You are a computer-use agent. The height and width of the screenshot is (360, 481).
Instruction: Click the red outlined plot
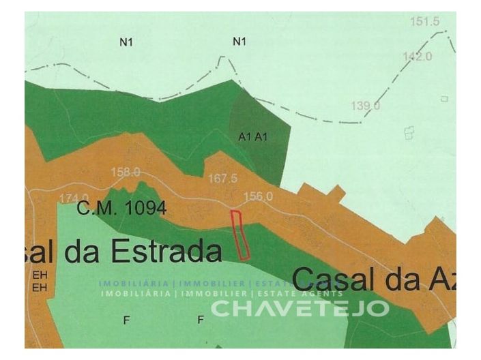pos(240,235)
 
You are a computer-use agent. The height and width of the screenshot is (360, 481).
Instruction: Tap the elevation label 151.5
pos(424,21)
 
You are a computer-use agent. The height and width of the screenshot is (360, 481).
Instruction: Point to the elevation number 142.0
pos(418,56)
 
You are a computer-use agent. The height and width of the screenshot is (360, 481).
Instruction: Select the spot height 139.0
pos(366,105)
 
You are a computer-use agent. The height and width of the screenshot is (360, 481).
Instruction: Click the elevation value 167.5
pos(223,178)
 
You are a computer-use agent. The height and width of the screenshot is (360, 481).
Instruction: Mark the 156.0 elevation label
pos(259,196)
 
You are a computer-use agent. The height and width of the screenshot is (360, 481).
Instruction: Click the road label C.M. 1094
pos(121,209)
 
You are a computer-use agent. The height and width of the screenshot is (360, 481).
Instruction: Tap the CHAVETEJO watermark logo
pos(300,308)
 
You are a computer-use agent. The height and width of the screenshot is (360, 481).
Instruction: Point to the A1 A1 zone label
pos(253,136)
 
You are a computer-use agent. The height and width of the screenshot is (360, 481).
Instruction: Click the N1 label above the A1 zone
pos(239,42)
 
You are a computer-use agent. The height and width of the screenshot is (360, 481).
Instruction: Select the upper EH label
pos(38,276)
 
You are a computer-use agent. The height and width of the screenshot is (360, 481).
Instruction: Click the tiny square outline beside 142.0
pos(444,99)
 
